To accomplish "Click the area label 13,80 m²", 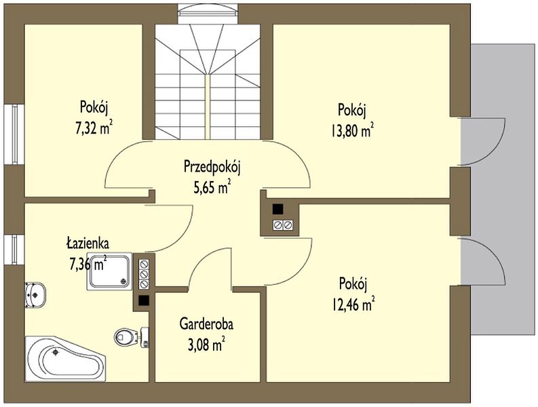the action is coord(352,130).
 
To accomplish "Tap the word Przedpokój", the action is coord(212,167).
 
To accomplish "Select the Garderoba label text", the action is coord(206,324).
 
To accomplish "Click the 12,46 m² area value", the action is coord(353,304).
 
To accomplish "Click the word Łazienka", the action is coord(88,243).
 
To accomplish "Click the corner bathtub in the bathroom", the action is coord(65,359).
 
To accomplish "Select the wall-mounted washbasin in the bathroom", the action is coord(35,295).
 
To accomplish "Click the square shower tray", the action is coord(109,271).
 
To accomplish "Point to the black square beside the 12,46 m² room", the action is coord(277,209).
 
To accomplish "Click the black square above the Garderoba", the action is coord(143,301).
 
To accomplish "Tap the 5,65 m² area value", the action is coord(212,187).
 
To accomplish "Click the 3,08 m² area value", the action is coord(206,344).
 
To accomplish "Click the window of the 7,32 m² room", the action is coord(14,134).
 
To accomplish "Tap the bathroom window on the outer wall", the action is coord(14,250).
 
